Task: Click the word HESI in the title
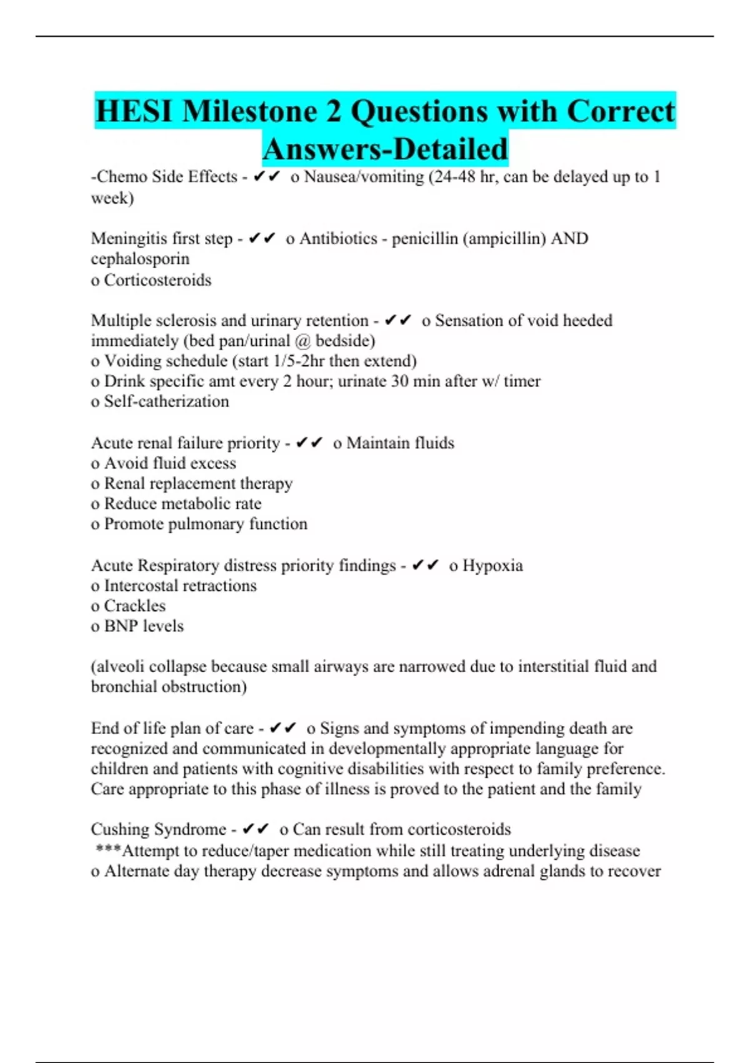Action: pos(134,111)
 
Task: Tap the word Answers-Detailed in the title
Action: pos(385,149)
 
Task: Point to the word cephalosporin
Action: pos(140,259)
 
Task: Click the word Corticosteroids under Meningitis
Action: pos(157,280)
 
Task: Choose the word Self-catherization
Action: pos(166,401)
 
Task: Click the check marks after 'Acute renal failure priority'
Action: pos(309,443)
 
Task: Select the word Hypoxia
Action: pos(492,565)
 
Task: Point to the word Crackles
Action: pos(134,606)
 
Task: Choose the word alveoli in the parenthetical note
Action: pos(121,667)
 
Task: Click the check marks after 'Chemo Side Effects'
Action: pos(266,177)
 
